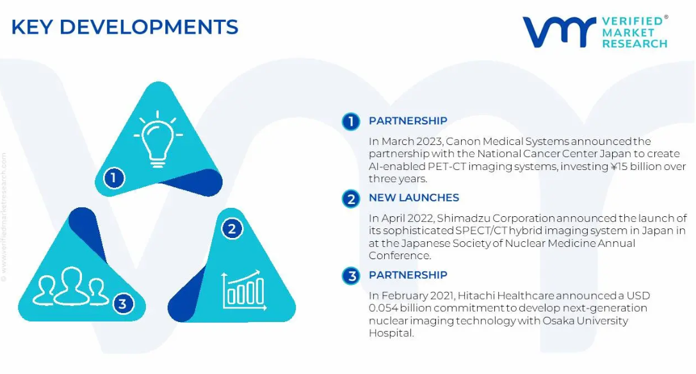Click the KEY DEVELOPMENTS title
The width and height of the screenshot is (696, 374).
click(x=125, y=27)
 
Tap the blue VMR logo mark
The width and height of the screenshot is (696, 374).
click(x=559, y=32)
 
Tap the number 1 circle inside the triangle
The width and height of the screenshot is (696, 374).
click(x=114, y=178)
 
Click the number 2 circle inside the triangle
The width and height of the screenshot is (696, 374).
click(x=232, y=228)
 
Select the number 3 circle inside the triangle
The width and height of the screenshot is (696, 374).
click(x=123, y=303)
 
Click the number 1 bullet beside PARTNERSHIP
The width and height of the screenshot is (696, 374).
click(x=351, y=121)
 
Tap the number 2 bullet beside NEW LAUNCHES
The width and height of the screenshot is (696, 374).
click(x=351, y=199)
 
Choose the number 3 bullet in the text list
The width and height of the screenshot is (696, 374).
click(x=351, y=276)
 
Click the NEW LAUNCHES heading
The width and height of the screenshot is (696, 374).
click(x=414, y=198)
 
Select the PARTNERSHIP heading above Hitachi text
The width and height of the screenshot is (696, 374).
click(x=408, y=275)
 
